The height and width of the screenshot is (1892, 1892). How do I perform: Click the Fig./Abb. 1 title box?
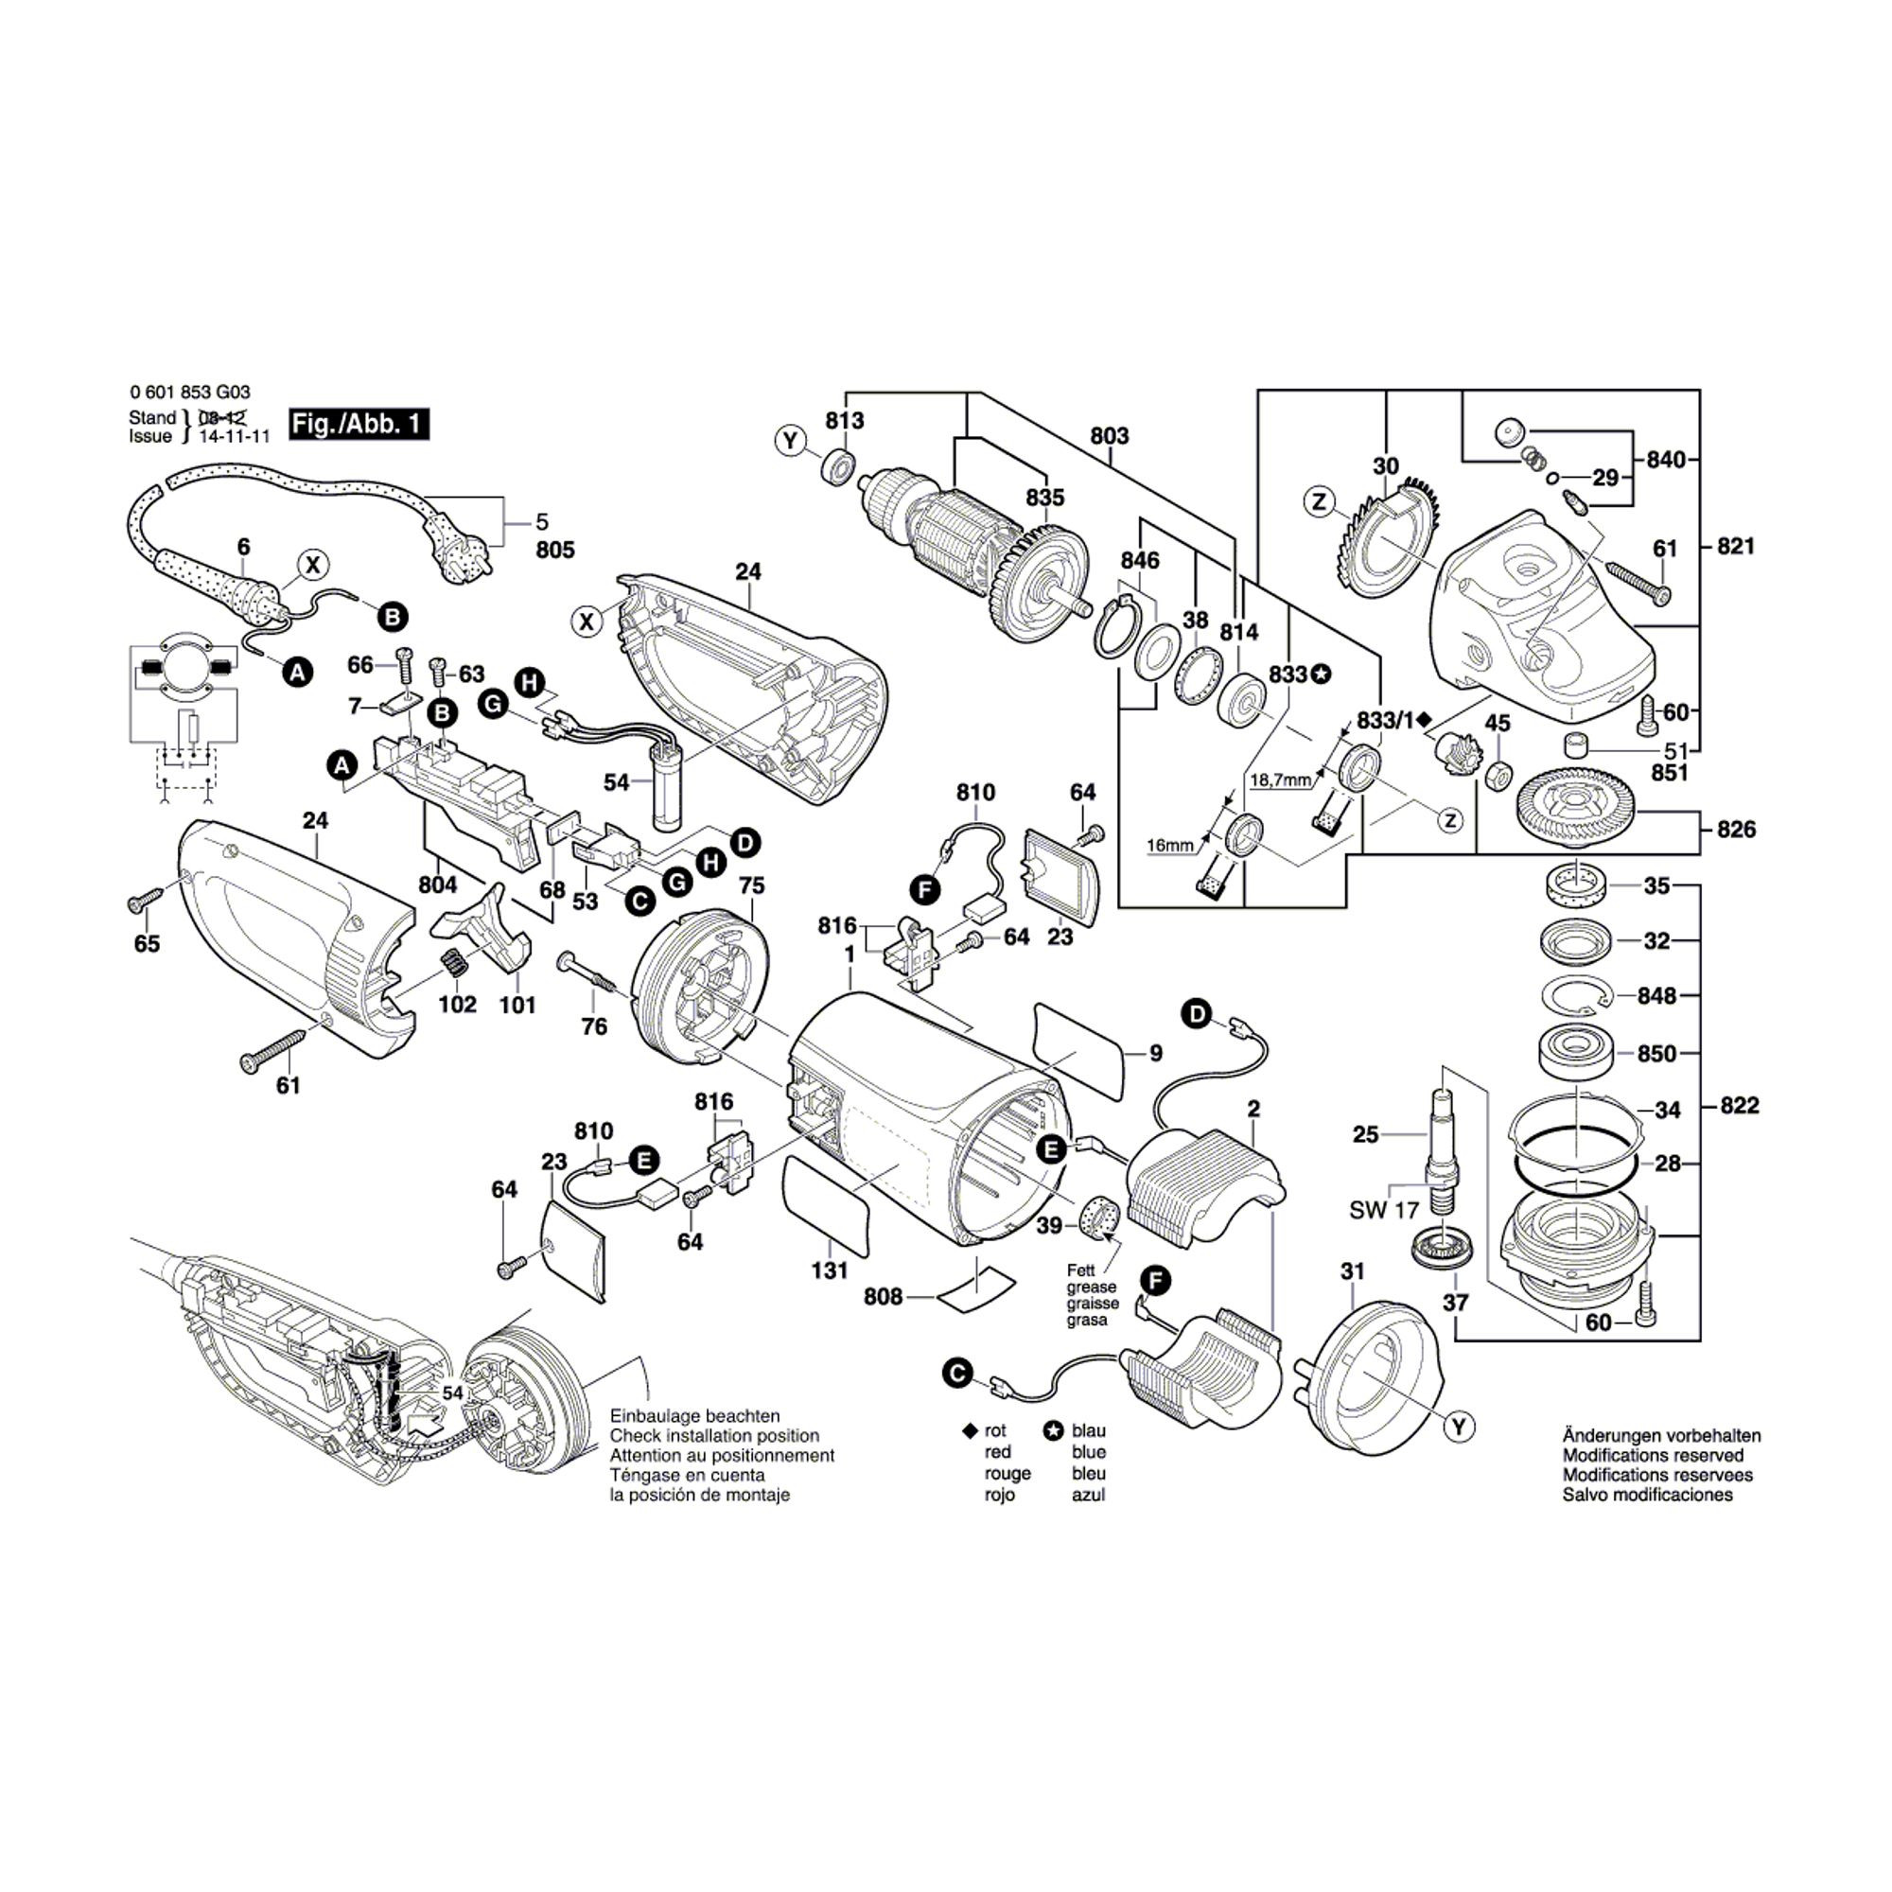point(359,424)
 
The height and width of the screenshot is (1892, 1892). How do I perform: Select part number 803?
point(1109,436)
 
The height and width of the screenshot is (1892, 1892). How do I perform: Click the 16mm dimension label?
point(1170,845)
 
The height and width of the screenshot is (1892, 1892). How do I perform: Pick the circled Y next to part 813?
point(790,442)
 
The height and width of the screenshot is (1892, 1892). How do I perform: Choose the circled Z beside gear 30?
point(1319,503)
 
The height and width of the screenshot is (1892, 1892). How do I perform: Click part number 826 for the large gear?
point(1735,830)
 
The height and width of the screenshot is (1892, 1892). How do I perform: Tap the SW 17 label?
point(1384,1211)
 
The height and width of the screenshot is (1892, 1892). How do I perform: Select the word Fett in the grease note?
point(1083,1271)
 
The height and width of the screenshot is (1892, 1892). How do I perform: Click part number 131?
point(830,1271)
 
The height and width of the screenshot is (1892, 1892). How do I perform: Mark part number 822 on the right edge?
point(1740,1106)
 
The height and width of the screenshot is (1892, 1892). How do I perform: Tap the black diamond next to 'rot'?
point(970,1431)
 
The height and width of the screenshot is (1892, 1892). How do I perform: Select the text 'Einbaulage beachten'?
point(694,1416)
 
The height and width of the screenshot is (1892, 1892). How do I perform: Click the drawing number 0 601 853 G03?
point(189,393)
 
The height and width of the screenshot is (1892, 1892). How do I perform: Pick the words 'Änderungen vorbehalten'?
point(1661,1436)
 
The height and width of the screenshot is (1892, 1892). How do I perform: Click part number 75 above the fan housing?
point(751,885)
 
